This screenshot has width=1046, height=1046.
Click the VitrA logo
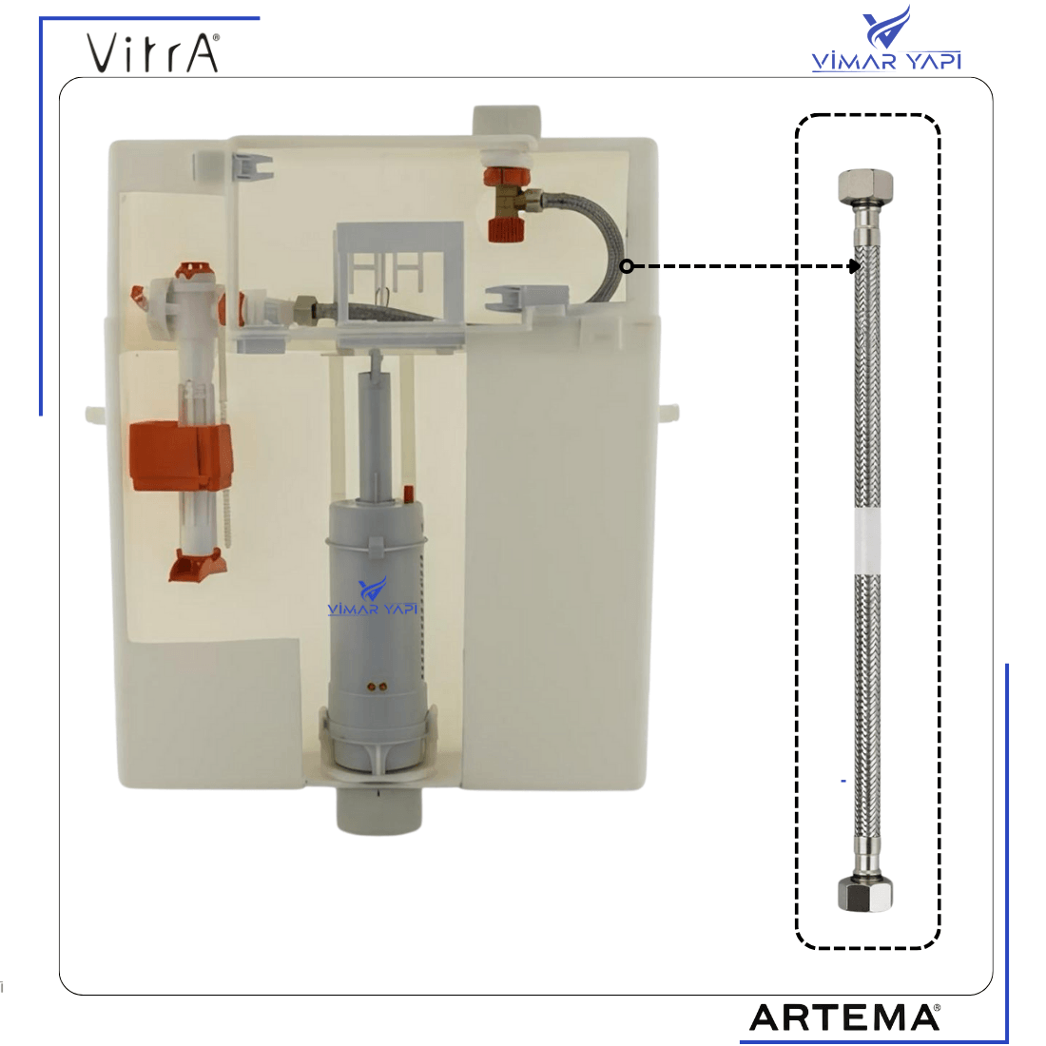(x=153, y=52)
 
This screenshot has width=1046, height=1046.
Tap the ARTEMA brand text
(x=844, y=1017)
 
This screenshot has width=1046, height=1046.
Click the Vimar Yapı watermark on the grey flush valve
(x=373, y=598)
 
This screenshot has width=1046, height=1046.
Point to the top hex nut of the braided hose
(x=865, y=185)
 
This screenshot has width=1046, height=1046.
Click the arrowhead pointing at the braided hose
(x=854, y=266)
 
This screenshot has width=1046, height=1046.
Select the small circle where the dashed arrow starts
(x=627, y=266)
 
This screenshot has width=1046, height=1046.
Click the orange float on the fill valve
(x=180, y=456)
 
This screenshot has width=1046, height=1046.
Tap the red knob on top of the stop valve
(x=507, y=178)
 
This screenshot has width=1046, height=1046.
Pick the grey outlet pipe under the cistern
(x=378, y=810)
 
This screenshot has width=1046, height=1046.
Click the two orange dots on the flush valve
(x=378, y=686)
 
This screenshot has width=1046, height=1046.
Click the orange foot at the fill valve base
(x=198, y=564)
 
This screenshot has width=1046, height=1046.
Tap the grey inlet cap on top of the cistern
(x=506, y=121)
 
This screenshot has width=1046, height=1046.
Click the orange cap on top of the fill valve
(x=196, y=269)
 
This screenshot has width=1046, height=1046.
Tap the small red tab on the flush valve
(x=408, y=494)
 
